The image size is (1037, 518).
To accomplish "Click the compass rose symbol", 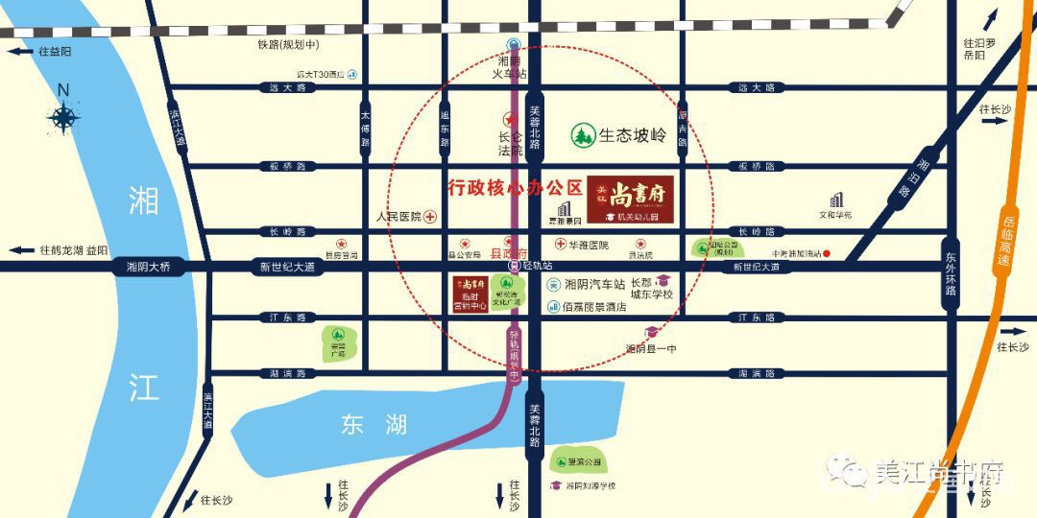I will pyautogui.click(x=64, y=117).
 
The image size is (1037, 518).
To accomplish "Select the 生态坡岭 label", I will pyautogui.click(x=632, y=135).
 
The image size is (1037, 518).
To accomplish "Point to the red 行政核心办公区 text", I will pyautogui.click(x=517, y=186).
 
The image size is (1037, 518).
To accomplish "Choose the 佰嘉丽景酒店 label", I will pyautogui.click(x=595, y=307).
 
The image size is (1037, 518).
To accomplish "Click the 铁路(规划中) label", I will pyautogui.click(x=288, y=45).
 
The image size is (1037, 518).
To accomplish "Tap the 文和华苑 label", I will pyautogui.click(x=835, y=215).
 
